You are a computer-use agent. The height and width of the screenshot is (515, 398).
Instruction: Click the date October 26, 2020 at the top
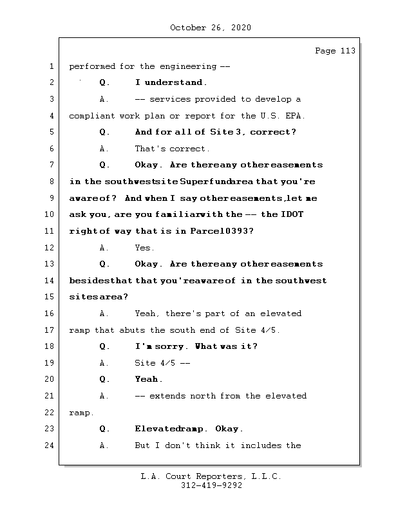click(211, 28)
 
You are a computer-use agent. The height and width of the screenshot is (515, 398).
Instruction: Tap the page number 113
click(347, 51)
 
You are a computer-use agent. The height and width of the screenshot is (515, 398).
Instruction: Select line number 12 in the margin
click(50, 247)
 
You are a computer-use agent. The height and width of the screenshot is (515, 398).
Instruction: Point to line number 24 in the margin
click(50, 445)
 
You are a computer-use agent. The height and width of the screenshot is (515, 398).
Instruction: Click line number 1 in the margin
click(50, 66)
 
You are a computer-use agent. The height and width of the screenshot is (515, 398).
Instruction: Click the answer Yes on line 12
click(144, 248)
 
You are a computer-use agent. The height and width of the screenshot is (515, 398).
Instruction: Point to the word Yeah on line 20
click(147, 379)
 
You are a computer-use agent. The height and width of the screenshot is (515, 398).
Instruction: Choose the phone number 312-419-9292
click(211, 486)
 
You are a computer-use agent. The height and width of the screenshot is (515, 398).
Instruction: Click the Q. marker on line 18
click(105, 346)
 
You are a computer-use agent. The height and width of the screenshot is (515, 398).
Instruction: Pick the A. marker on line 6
click(105, 149)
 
